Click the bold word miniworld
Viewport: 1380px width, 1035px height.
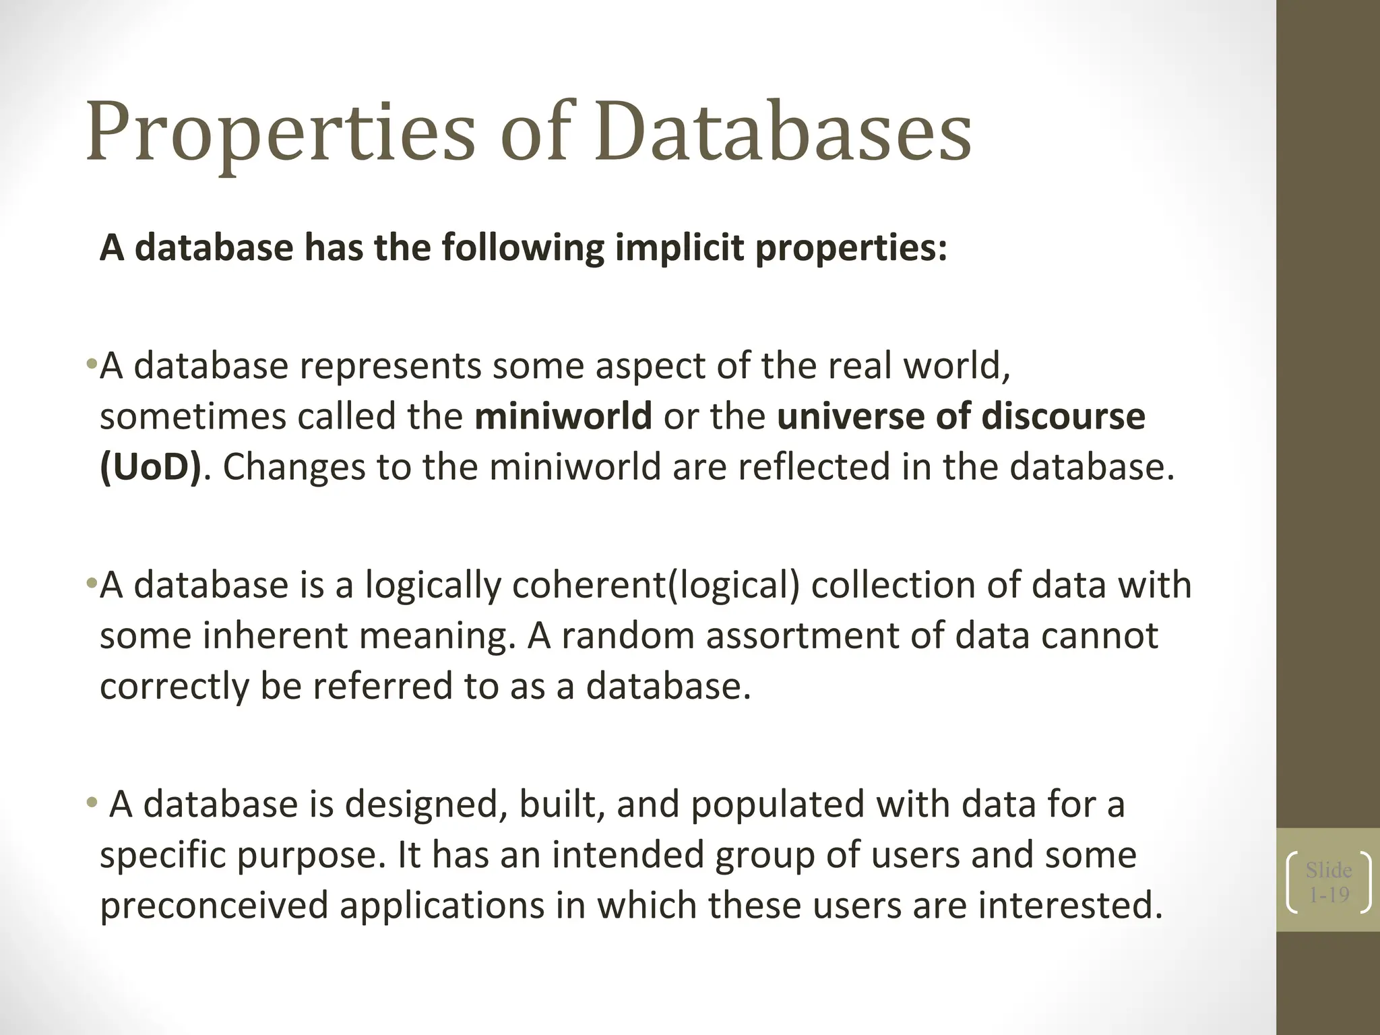coord(563,416)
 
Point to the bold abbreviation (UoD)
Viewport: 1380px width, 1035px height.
coord(150,466)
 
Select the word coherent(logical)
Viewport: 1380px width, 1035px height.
coord(656,584)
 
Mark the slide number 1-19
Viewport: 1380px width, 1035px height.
coord(1329,895)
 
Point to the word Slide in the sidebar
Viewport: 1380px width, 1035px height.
coord(1329,870)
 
